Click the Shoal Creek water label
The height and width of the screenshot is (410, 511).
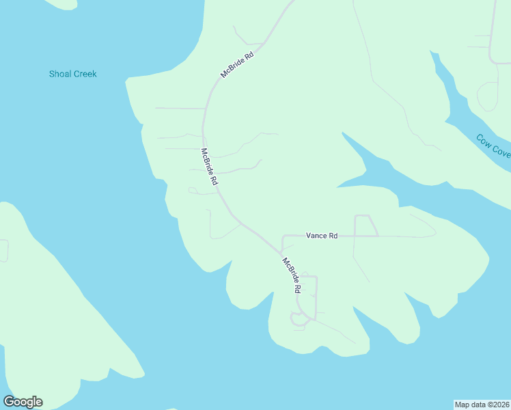(x=73, y=74)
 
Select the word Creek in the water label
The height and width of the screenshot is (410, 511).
(x=85, y=74)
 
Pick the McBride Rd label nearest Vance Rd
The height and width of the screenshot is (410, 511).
(x=292, y=275)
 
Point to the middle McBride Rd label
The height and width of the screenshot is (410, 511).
(x=209, y=167)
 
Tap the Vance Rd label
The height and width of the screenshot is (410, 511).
(x=322, y=236)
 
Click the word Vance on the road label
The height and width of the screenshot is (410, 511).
(x=316, y=236)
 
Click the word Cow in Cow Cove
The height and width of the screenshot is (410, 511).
(x=484, y=140)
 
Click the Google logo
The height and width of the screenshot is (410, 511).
(x=23, y=402)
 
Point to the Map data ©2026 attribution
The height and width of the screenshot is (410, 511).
(x=481, y=404)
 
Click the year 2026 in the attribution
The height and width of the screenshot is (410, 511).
(x=499, y=404)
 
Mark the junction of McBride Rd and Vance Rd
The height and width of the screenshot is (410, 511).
(x=282, y=251)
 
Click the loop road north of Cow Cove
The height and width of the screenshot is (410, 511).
(x=488, y=96)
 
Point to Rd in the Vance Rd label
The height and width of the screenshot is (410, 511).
(x=333, y=236)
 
